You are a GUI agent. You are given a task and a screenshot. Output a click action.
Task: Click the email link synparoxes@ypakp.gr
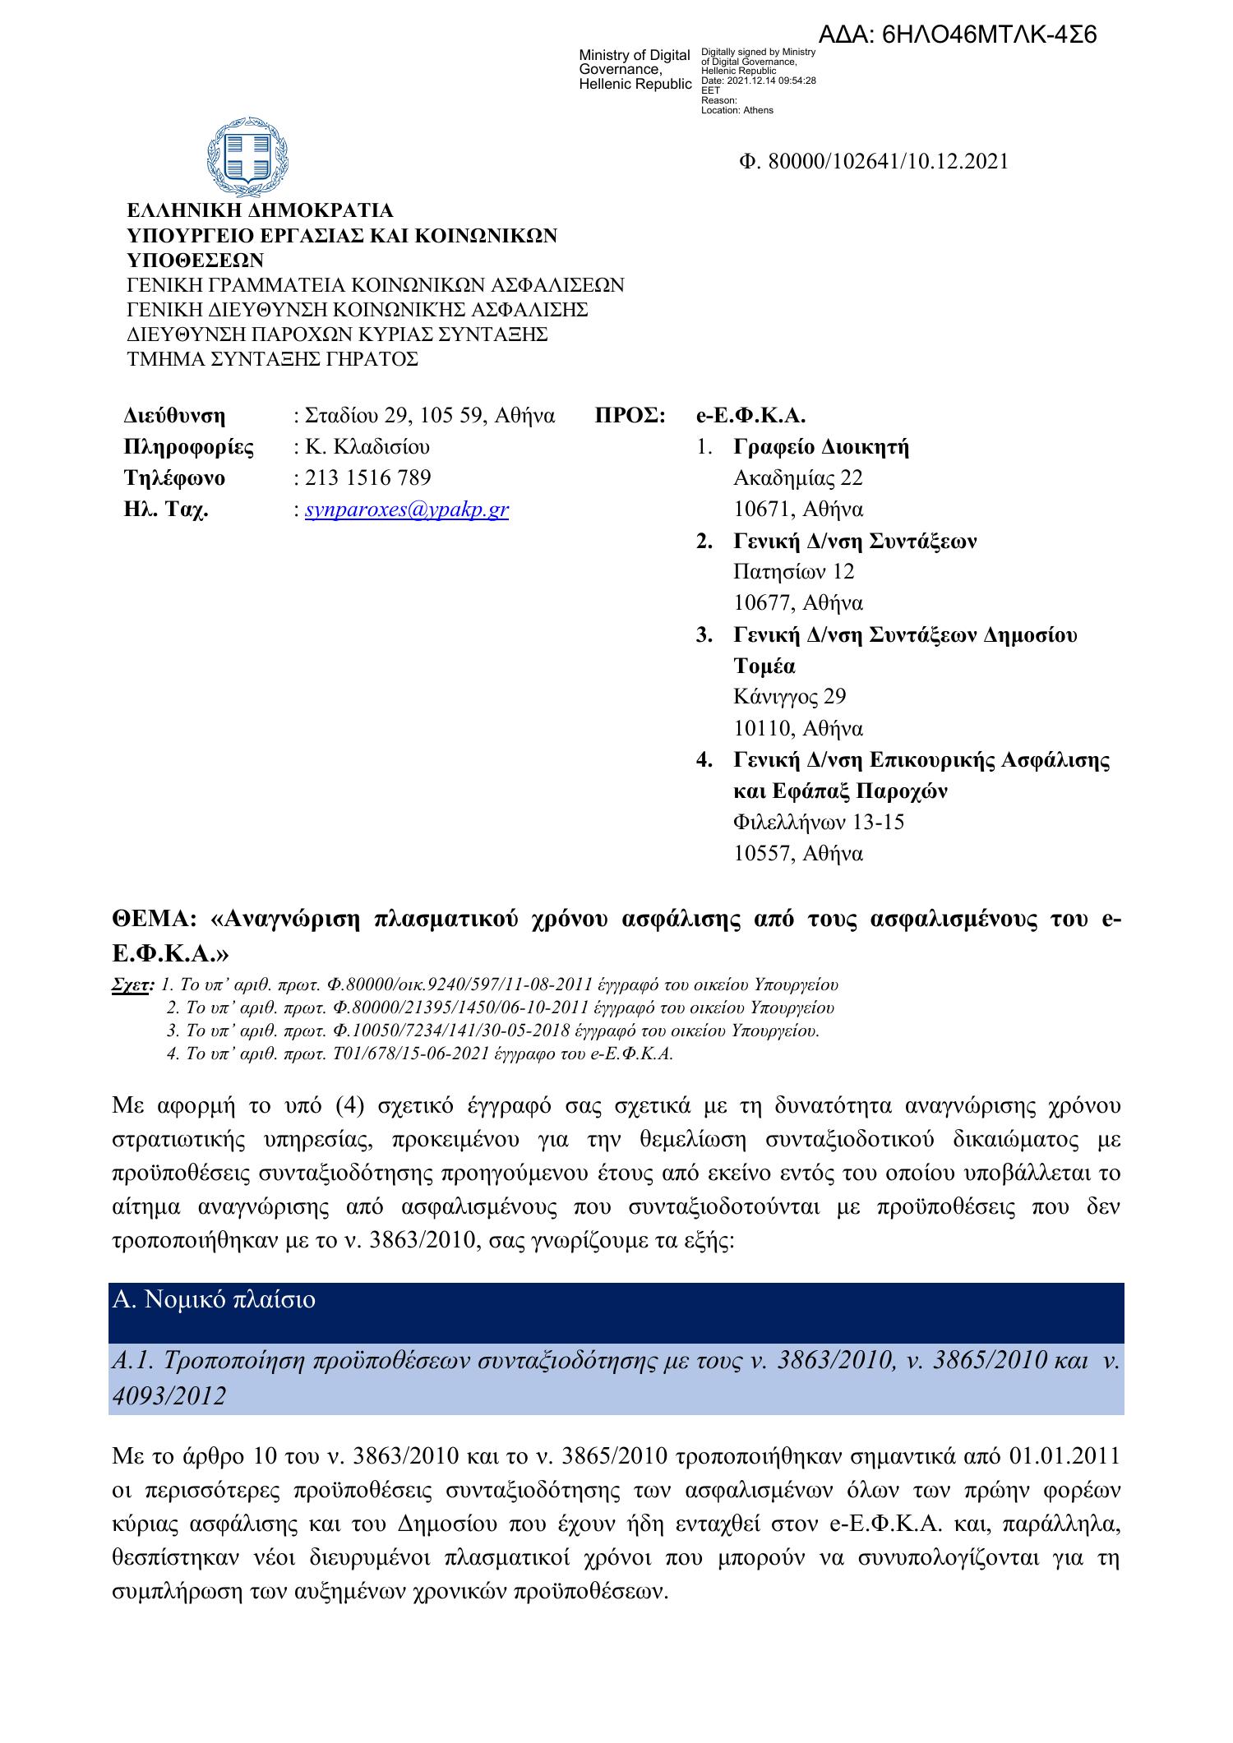point(406,510)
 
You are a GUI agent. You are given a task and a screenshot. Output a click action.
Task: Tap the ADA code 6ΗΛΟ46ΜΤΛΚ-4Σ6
point(958,35)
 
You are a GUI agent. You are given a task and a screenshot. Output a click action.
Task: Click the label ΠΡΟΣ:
point(630,416)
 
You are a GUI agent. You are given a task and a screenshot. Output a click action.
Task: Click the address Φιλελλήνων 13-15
point(819,822)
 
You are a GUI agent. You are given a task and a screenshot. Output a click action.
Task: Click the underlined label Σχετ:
point(132,984)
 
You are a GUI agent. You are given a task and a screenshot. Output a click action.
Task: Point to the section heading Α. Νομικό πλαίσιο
point(214,1300)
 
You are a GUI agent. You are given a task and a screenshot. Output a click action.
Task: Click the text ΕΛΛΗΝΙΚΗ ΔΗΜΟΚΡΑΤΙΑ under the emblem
point(259,211)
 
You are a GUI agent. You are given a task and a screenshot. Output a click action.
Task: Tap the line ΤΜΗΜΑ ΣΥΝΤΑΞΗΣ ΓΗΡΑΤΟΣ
point(272,359)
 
